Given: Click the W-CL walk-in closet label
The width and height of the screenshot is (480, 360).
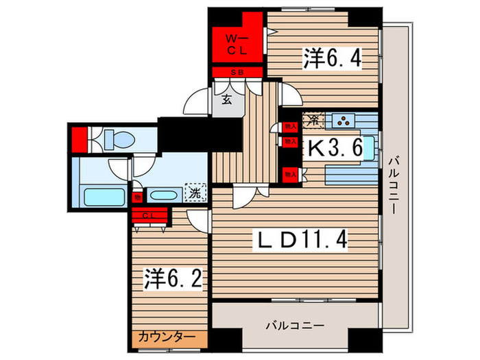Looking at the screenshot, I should pyautogui.click(x=237, y=45).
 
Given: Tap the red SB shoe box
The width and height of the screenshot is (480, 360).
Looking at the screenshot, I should pyautogui.click(x=237, y=73).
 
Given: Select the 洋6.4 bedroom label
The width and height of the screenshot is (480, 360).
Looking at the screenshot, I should pyautogui.click(x=331, y=58).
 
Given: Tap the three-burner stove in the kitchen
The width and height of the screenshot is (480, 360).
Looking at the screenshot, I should pyautogui.click(x=342, y=121).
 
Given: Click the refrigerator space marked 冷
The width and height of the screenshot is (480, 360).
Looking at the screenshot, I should pyautogui.click(x=312, y=121).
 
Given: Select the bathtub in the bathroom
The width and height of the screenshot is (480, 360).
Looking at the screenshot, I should pyautogui.click(x=101, y=195).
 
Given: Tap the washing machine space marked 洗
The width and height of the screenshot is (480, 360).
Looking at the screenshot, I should pyautogui.click(x=195, y=193).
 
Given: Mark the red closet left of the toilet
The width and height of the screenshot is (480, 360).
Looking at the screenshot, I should pyautogui.click(x=80, y=139).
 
